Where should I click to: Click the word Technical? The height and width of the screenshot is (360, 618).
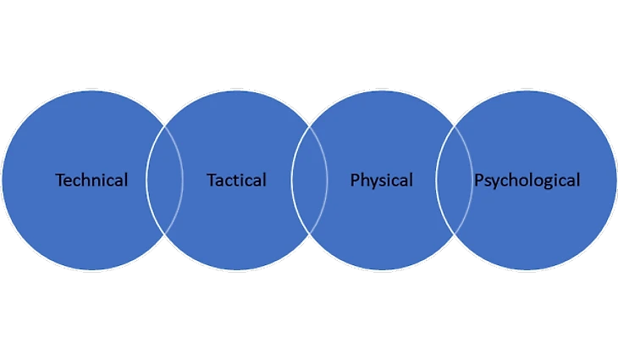(x=91, y=180)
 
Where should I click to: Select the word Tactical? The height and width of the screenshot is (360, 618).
(x=236, y=180)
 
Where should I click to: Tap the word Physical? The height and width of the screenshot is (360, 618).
(x=382, y=180)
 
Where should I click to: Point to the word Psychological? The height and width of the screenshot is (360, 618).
(x=527, y=180)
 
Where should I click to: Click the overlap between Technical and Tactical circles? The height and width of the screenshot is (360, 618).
(x=164, y=180)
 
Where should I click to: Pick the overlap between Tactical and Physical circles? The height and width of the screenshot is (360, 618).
(x=309, y=180)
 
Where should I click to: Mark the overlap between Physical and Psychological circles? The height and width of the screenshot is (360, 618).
(x=454, y=180)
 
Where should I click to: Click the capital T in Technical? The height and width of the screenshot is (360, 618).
(x=59, y=180)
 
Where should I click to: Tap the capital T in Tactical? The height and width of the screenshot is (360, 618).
(x=212, y=180)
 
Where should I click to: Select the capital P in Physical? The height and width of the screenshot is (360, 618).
(x=356, y=180)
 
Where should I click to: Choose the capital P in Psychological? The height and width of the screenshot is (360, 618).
(x=478, y=180)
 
